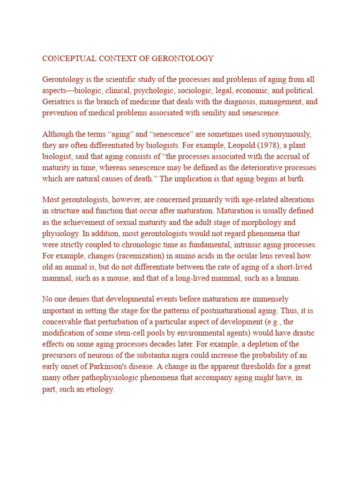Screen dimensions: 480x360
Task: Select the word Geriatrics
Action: (59, 101)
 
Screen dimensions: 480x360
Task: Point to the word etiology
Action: (97, 389)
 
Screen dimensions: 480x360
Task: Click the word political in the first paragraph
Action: (298, 90)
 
